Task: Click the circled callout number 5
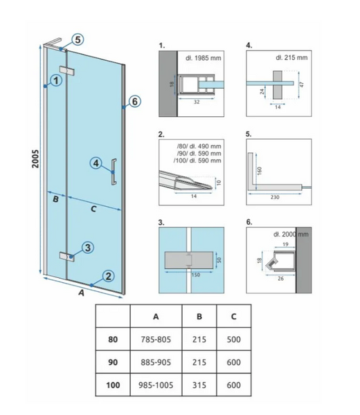pos(78,39)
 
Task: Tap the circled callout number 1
pos(56,80)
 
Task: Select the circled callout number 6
pos(135,102)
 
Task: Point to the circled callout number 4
pos(96,163)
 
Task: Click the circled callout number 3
pos(88,248)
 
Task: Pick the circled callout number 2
pos(108,276)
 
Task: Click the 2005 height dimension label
pos(35,158)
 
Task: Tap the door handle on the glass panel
pos(114,172)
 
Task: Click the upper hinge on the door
pos(67,71)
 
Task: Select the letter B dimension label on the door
pos(55,199)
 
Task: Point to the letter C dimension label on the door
pos(93,209)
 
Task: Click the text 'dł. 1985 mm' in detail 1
pos(203,57)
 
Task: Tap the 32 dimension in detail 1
pos(197,102)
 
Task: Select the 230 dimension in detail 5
pos(275,197)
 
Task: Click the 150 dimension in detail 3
pos(195,275)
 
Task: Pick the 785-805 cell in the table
pos(156,340)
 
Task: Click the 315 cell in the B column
pos(199,385)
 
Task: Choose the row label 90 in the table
pos(113,362)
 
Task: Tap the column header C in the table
pos(233,316)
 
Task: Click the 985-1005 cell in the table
pos(156,385)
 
